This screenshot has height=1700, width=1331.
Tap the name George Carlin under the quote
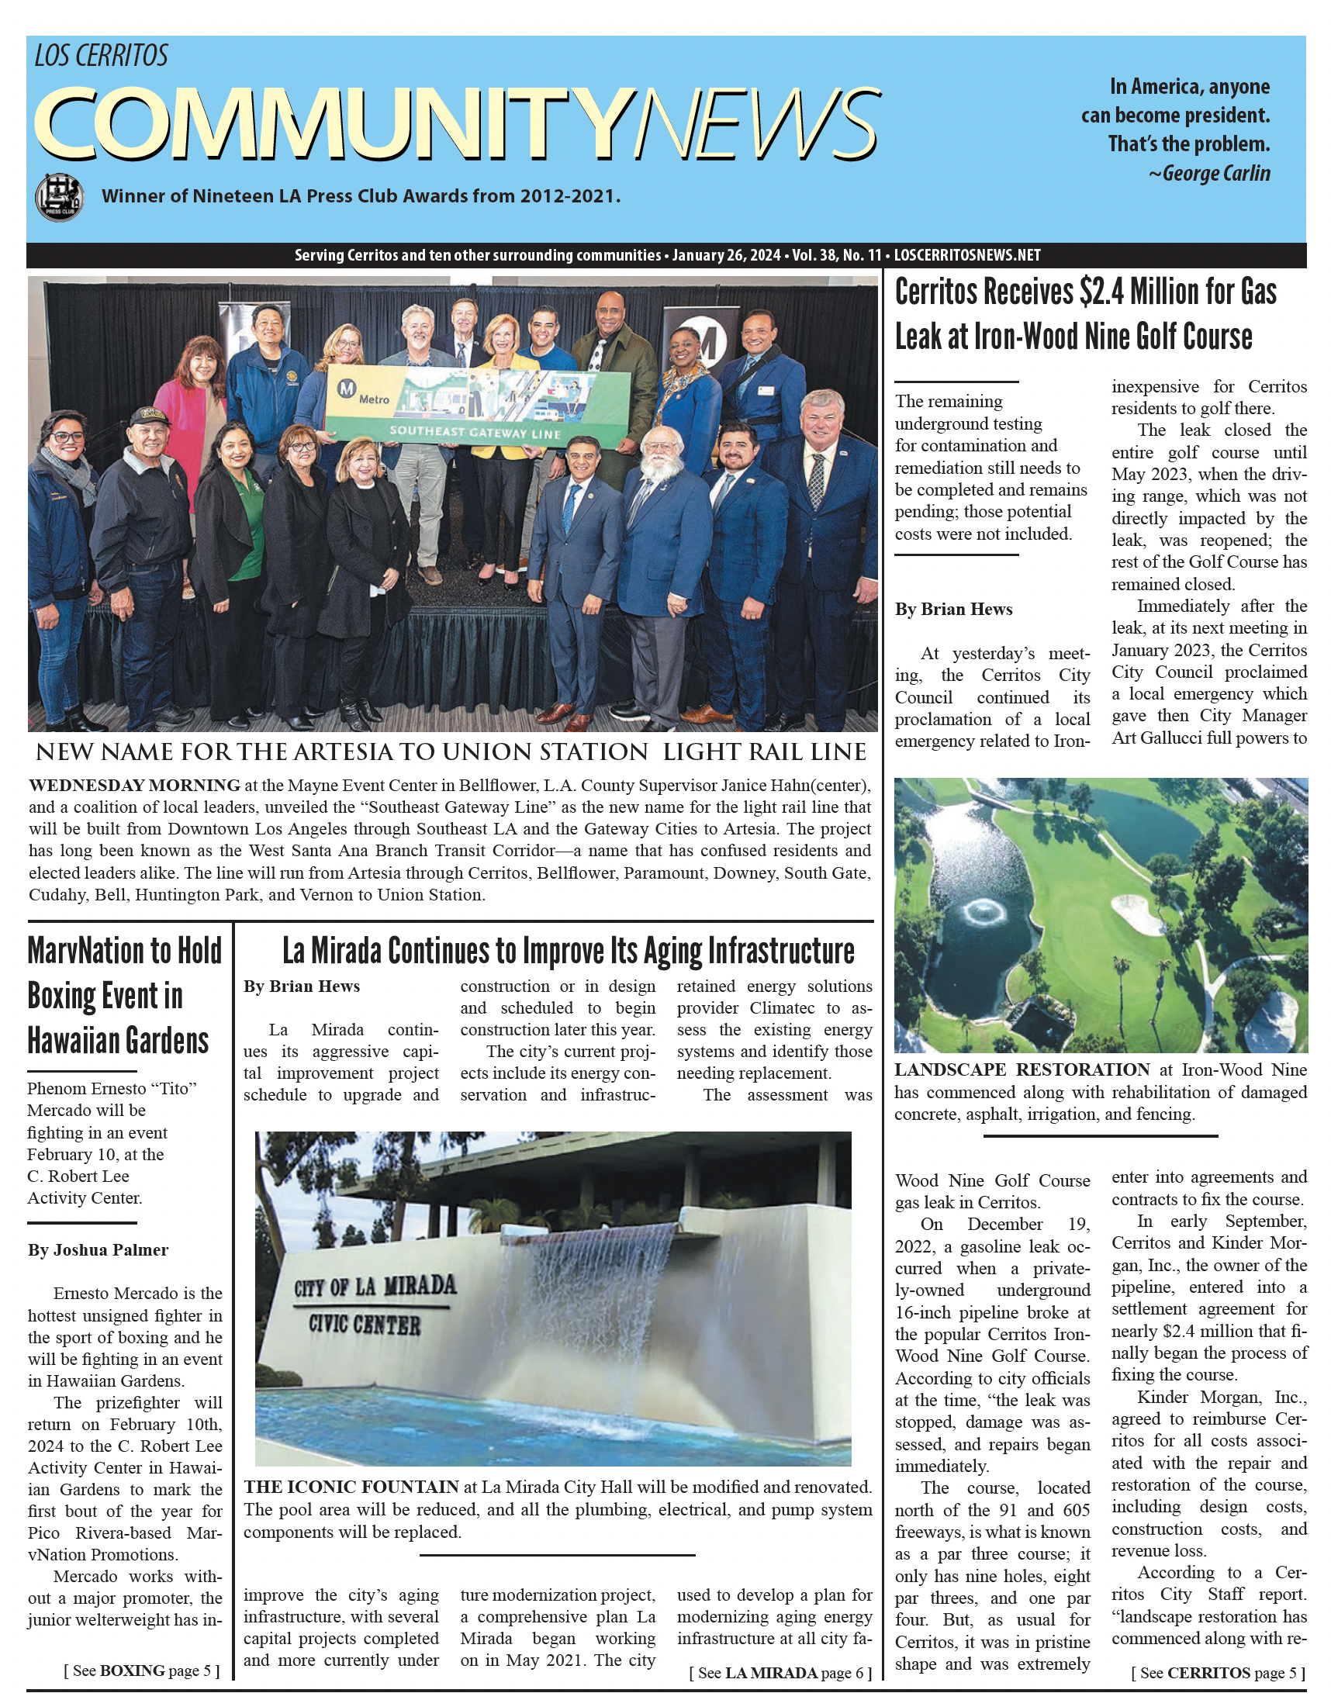pyautogui.click(x=1215, y=173)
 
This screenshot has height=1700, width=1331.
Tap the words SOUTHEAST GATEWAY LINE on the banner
pyautogui.click(x=475, y=432)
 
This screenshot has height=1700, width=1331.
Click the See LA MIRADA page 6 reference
pyautogui.click(x=780, y=1673)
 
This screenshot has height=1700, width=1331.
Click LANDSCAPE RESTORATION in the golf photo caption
pyautogui.click(x=1022, y=1069)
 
